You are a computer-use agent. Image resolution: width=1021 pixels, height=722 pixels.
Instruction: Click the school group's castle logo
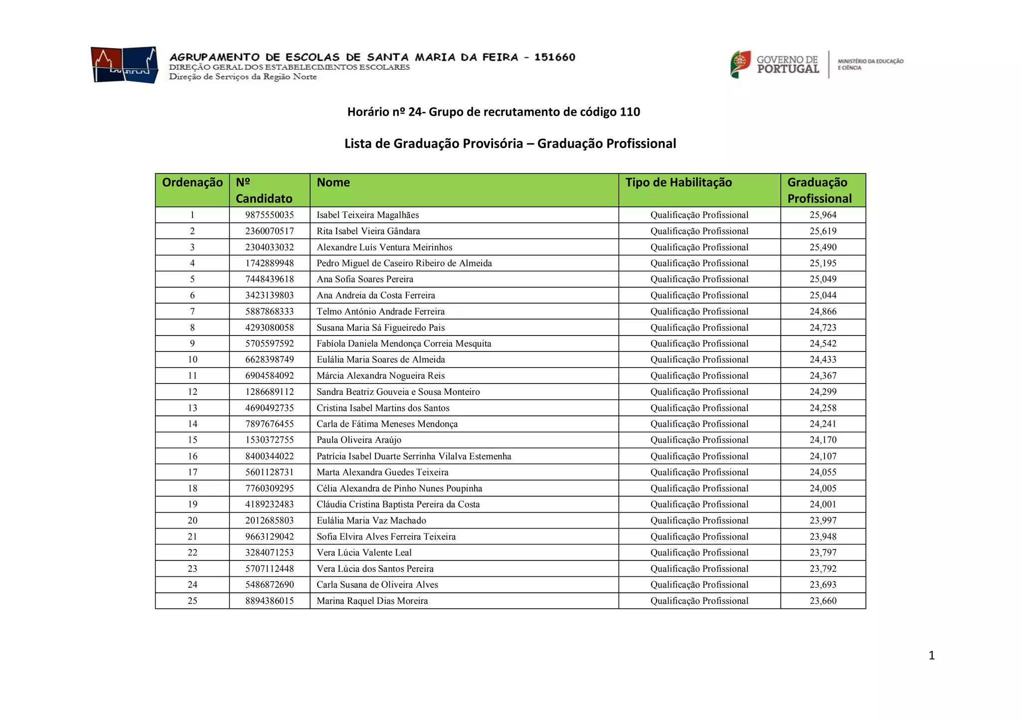coord(125,65)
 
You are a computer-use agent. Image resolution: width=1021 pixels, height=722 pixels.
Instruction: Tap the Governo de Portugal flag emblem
coord(740,64)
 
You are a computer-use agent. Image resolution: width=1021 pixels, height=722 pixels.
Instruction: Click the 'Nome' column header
coord(333,182)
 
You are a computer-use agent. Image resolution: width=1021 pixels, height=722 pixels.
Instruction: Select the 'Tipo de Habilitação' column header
coord(679,182)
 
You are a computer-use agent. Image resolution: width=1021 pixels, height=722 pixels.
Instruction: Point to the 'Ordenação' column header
coord(192,182)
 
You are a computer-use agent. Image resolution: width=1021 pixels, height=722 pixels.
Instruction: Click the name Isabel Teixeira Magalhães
coord(367,215)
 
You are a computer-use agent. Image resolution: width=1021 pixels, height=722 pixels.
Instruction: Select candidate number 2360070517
coord(269,231)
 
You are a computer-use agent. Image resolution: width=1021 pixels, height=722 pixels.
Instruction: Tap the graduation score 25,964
coord(823,215)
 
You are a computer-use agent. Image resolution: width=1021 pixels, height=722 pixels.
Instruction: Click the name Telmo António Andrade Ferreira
coord(380,311)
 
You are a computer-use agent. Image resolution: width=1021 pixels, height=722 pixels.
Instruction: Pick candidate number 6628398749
coord(269,360)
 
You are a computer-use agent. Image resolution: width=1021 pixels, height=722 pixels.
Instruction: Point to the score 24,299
coord(823,392)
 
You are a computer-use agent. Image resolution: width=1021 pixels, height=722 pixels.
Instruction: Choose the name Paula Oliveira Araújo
coord(359,440)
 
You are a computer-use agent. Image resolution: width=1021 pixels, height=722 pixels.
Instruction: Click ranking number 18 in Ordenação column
coord(192,488)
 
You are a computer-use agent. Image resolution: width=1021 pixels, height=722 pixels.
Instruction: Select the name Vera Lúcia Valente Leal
coord(364,552)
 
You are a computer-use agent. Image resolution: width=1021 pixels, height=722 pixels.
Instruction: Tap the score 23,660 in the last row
coord(823,601)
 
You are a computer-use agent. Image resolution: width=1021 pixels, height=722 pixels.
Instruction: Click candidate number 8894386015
coord(269,601)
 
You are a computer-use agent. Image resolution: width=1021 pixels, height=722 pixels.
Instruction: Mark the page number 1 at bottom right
coord(931,655)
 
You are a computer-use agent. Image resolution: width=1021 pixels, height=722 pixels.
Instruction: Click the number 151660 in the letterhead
coord(554,57)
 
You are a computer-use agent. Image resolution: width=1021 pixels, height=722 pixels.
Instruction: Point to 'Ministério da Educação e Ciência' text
coord(870,64)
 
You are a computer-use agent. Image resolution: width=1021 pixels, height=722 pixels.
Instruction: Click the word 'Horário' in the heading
coord(368,112)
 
